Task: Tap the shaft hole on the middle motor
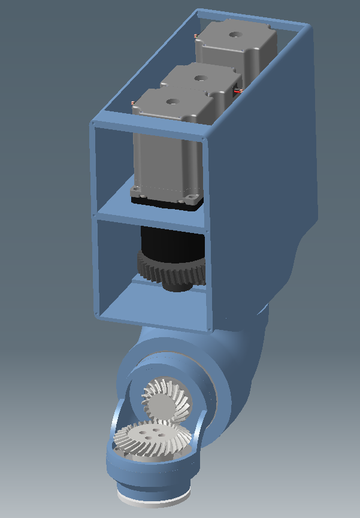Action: tap(199, 77)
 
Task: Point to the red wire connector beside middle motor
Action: tap(238, 91)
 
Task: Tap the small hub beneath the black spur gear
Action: tap(177, 286)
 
